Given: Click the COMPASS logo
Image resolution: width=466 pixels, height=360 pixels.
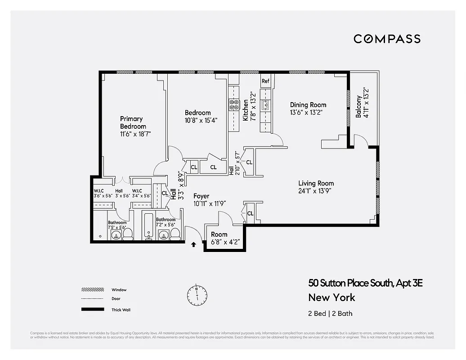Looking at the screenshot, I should pyautogui.click(x=387, y=39).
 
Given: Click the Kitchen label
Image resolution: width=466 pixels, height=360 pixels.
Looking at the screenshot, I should pyautogui.click(x=246, y=111).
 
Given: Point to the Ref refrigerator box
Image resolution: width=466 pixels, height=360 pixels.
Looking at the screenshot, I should pyautogui.click(x=265, y=81).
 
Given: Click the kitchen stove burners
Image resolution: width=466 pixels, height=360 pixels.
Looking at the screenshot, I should pyautogui.click(x=234, y=105).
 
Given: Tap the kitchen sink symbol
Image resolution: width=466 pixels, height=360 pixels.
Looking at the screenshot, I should pyautogui.click(x=265, y=106).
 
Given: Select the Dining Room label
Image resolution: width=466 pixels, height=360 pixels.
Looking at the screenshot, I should pyautogui.click(x=308, y=105).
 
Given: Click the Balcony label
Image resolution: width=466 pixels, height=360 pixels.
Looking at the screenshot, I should pyautogui.click(x=358, y=107).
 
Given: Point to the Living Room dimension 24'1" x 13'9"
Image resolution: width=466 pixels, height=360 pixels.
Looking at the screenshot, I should pyautogui.click(x=316, y=191).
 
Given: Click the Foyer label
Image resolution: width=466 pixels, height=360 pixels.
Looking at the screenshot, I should pyautogui.click(x=202, y=196).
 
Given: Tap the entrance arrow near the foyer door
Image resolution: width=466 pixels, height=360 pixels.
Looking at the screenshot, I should pyautogui.click(x=193, y=245).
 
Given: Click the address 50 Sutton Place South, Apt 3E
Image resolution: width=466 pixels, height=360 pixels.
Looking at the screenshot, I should pyautogui.click(x=365, y=283).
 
